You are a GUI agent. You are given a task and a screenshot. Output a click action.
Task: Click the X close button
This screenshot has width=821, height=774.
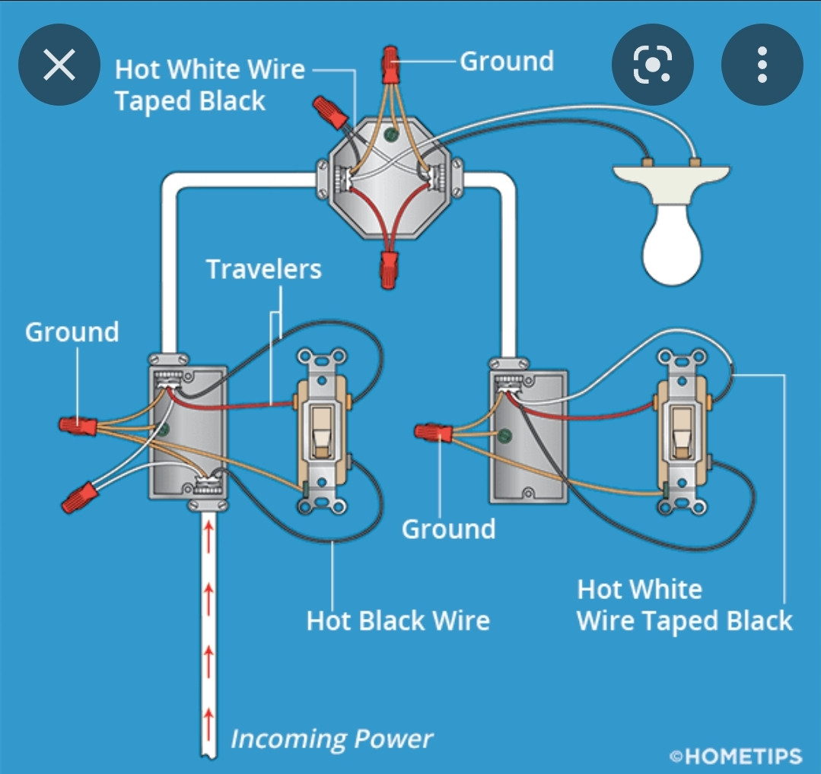[x=59, y=67]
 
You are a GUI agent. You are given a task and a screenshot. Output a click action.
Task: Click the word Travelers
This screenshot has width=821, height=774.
[x=263, y=269]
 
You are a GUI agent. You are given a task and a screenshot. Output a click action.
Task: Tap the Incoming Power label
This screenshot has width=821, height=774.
[x=332, y=738]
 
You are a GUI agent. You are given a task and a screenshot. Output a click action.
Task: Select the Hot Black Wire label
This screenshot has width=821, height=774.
[x=397, y=620]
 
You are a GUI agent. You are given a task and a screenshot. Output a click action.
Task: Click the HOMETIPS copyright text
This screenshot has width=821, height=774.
[x=735, y=756]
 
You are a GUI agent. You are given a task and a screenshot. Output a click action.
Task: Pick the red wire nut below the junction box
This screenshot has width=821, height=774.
[x=388, y=271]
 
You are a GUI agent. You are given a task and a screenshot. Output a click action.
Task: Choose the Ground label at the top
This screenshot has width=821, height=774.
[x=507, y=61]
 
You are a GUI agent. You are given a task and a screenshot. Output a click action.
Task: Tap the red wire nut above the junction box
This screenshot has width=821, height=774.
[x=390, y=64]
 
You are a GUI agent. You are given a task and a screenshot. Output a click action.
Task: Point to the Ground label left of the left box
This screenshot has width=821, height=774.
[x=72, y=332]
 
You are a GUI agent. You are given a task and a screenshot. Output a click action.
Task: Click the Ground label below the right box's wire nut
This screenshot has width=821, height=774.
[x=448, y=528]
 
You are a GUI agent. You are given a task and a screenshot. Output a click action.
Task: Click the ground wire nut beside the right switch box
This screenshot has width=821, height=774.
[x=433, y=433]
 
